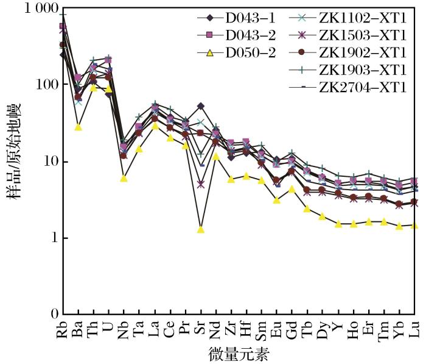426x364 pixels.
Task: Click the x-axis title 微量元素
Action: (239, 354)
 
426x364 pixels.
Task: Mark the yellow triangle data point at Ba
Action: (78, 127)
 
